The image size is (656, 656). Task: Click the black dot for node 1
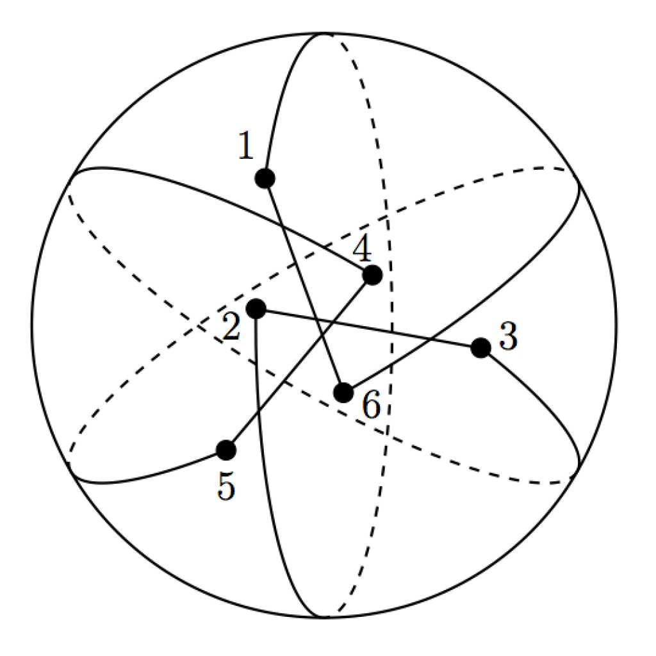[265, 179]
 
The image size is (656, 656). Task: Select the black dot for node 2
[256, 309]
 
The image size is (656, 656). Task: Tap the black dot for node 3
[480, 348]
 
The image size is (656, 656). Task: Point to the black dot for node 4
[372, 275]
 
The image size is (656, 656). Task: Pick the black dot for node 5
[226, 450]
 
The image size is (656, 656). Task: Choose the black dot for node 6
[343, 393]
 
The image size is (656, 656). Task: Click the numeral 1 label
[246, 145]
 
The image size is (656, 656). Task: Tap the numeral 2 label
[232, 326]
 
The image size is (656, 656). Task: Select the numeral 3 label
[508, 336]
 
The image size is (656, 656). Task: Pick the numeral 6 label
[372, 404]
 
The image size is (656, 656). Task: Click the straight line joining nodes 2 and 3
[368, 329]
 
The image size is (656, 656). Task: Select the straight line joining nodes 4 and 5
[299, 363]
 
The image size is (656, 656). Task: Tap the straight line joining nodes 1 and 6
[304, 285]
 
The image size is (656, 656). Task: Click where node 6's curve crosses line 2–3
[430, 339]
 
